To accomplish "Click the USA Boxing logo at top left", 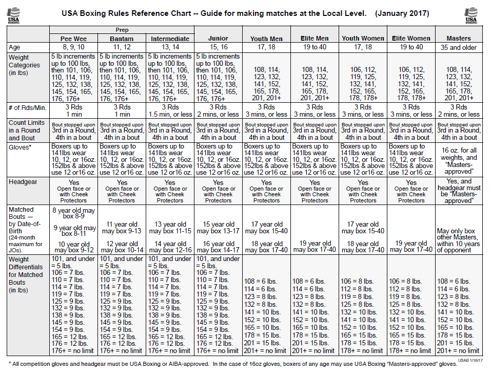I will pyautogui.click(x=14, y=15).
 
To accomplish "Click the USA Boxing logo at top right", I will pyautogui.click(x=471, y=15).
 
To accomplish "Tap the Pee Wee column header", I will pyautogui.click(x=74, y=39).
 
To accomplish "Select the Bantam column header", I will pyautogui.click(x=122, y=39).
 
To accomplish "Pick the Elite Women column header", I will pyautogui.click(x=411, y=39).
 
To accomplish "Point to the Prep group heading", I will pyautogui.click(x=122, y=30).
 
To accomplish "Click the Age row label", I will pyautogui.click(x=15, y=47).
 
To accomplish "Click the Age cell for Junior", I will pyautogui.click(x=218, y=47).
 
